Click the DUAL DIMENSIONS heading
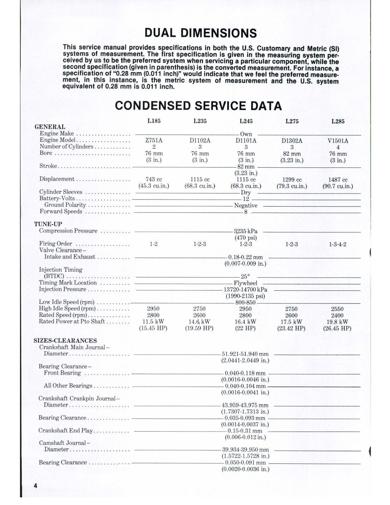point(200,33)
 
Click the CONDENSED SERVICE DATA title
point(198,106)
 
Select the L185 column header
point(154,121)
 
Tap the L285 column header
point(338,121)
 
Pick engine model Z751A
point(154,140)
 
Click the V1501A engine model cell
point(338,141)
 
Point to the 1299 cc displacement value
point(292,180)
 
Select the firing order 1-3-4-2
point(338,244)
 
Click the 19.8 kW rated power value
point(337,322)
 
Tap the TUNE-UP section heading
point(48,224)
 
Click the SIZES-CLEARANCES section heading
point(65,341)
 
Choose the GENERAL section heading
point(50,127)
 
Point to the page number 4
point(35,486)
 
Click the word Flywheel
point(245,283)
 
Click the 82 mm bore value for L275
point(292,154)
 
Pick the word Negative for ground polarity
point(245,205)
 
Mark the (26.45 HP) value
point(337,328)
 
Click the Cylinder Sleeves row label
point(61,192)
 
